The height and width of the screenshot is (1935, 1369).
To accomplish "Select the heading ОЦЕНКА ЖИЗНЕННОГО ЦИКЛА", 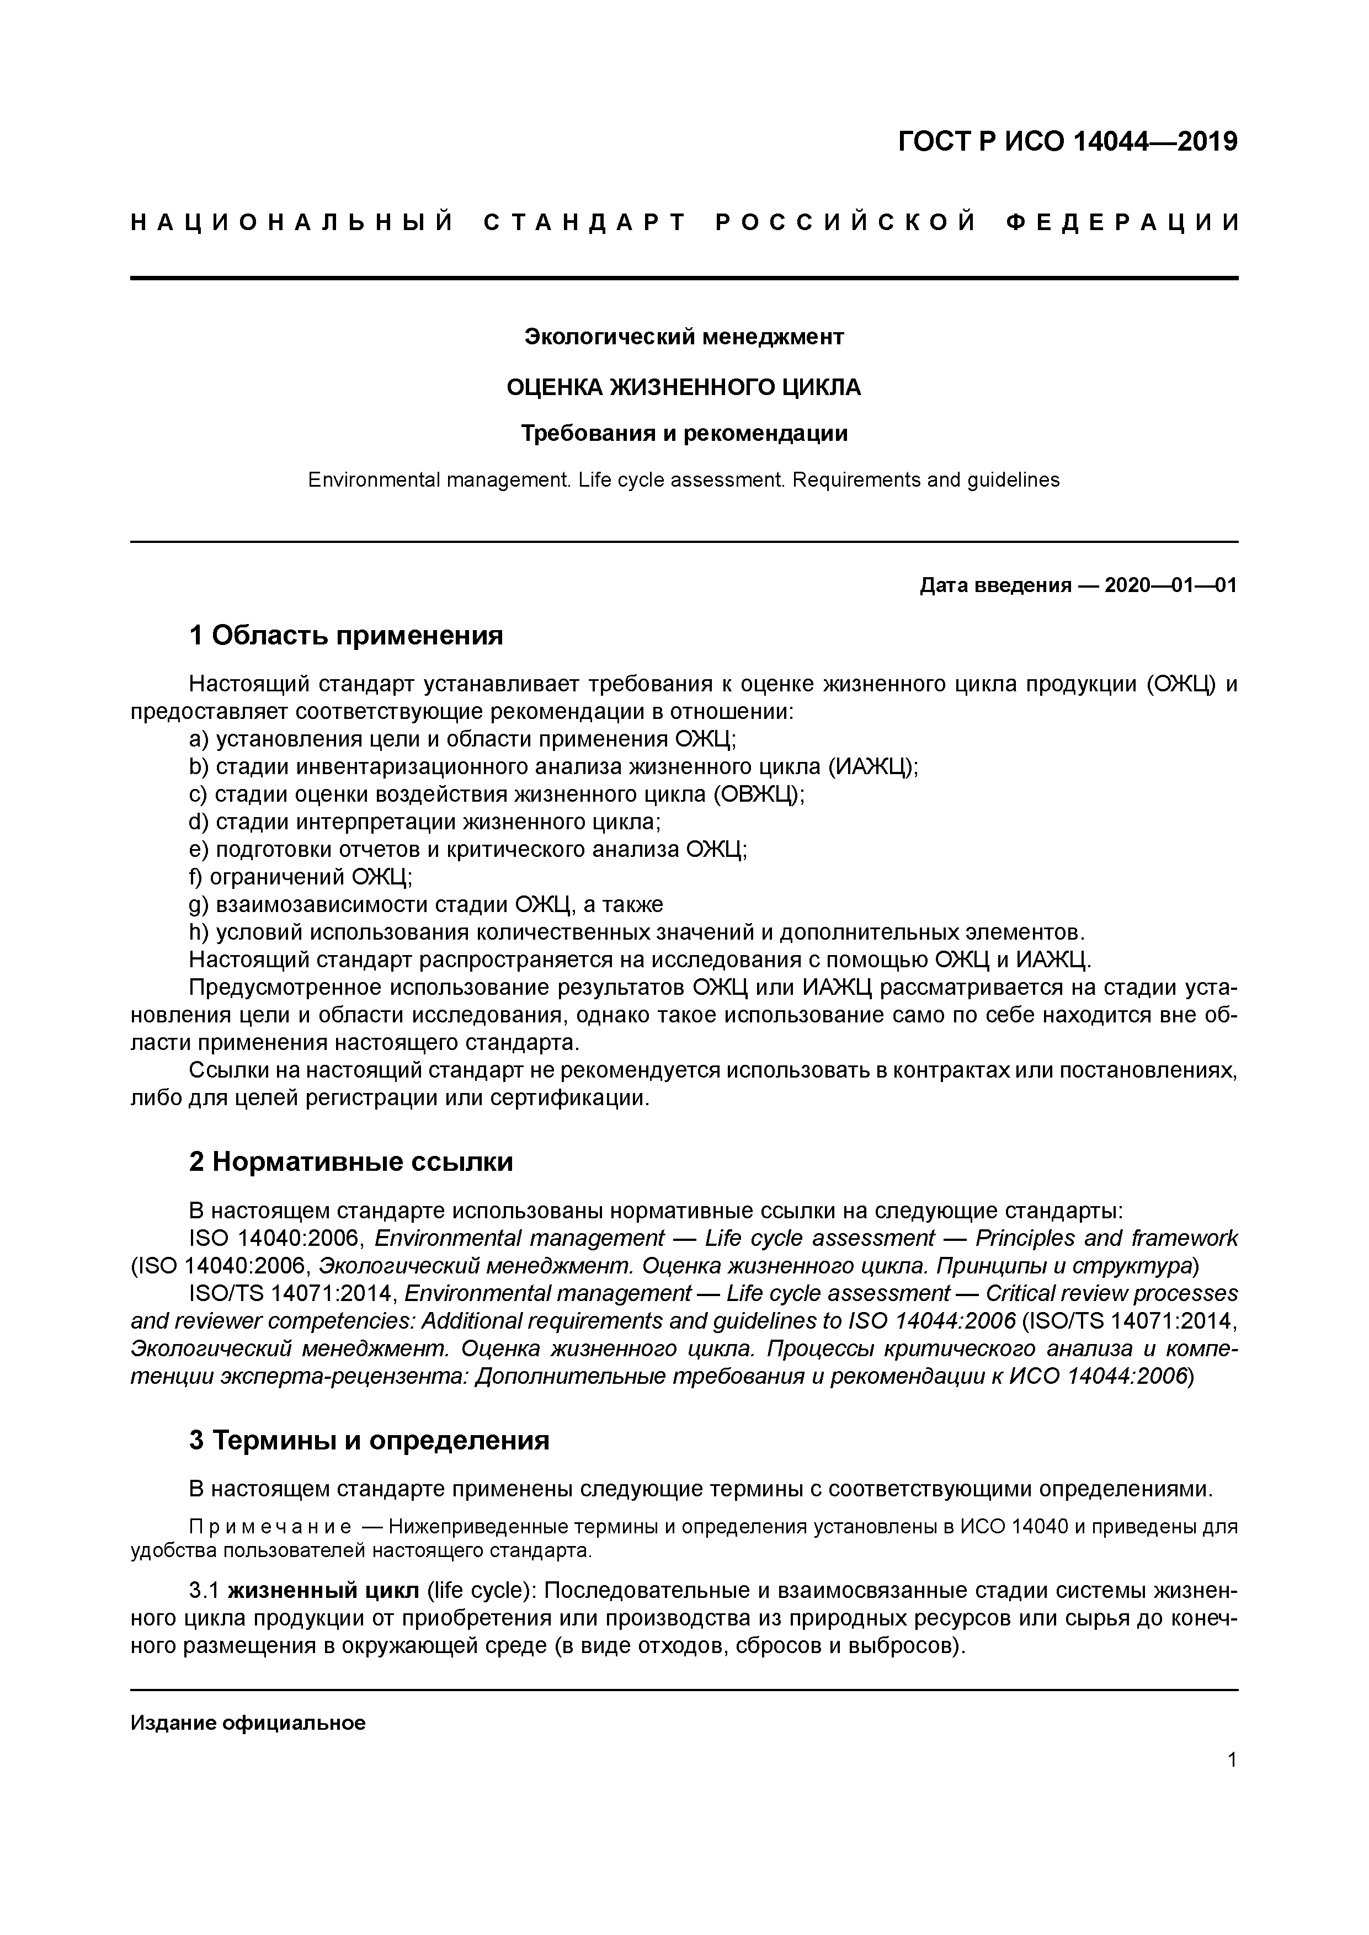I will [x=684, y=388].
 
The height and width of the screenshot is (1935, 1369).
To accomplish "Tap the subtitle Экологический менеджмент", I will [x=684, y=337].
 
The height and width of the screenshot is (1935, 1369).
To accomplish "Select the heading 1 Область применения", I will [x=345, y=636].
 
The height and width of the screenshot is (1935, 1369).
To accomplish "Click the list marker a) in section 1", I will [x=199, y=739].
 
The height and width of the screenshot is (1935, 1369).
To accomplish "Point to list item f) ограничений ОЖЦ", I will [x=301, y=877].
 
